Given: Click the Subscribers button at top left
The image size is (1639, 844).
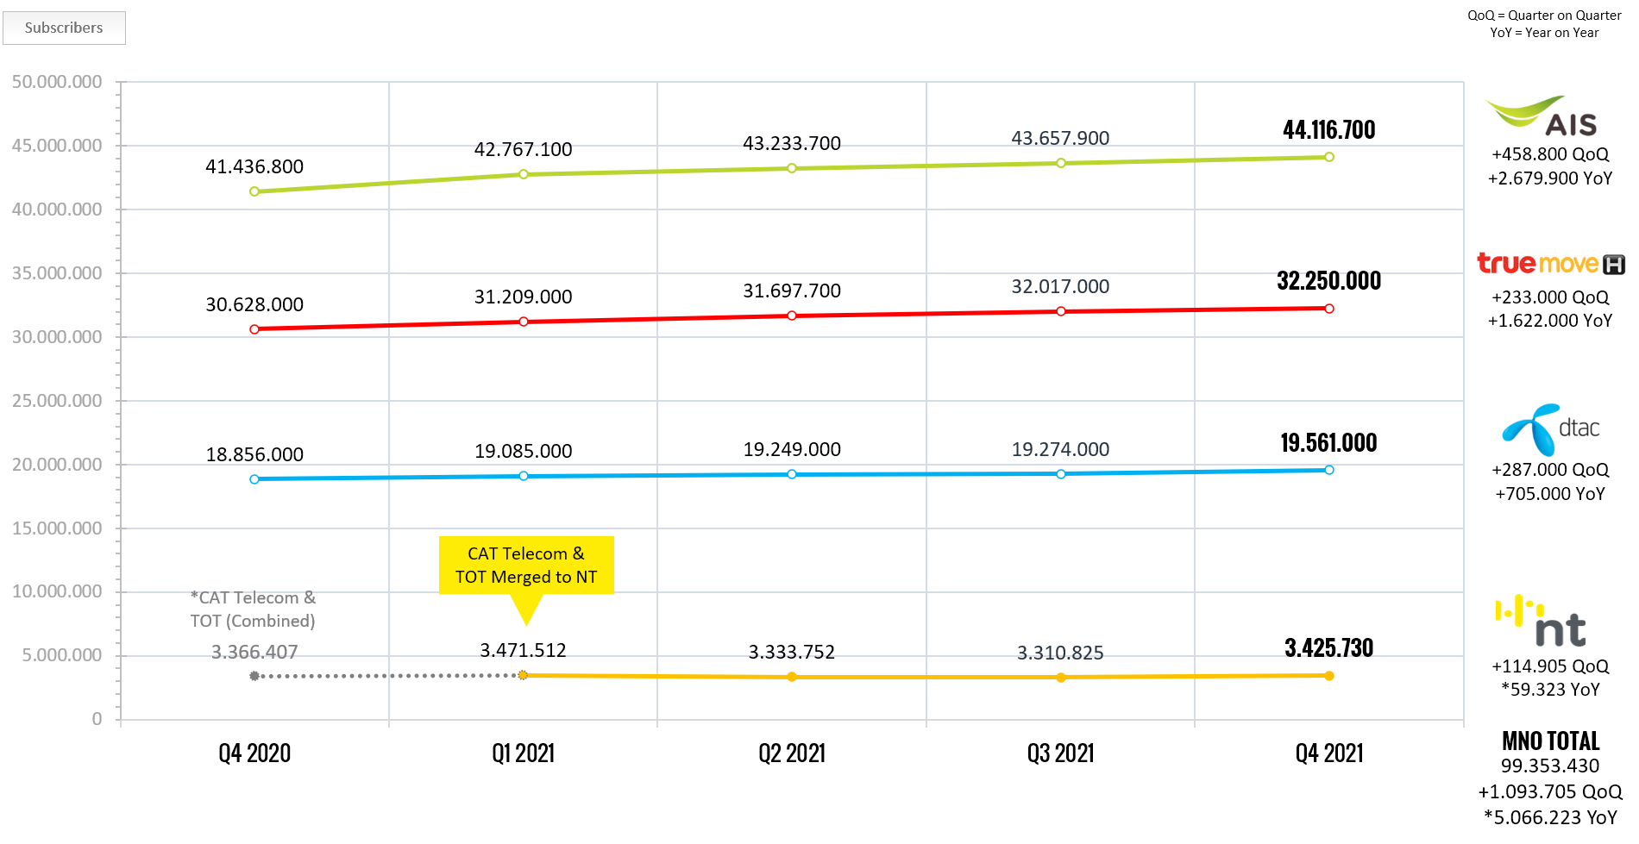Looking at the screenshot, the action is tap(64, 28).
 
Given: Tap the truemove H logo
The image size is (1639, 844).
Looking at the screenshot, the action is tap(1551, 263).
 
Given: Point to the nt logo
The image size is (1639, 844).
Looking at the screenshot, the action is tap(1542, 620).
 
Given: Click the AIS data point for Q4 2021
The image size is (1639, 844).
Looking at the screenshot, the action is tap(1329, 157).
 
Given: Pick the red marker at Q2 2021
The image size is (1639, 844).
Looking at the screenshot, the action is tap(792, 316).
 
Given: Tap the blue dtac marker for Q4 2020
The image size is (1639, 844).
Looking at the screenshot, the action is tap(254, 479).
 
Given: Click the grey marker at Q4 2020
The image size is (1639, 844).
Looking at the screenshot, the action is tap(254, 676).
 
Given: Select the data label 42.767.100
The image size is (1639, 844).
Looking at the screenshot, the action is tap(523, 150).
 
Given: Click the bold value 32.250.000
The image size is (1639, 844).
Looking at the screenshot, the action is tap(1329, 281).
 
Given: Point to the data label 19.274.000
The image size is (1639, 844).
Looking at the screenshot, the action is tap(1060, 450).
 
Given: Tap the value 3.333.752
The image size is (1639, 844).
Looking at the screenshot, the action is tap(792, 653).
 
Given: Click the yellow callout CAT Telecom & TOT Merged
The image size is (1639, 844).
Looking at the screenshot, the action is tap(526, 566).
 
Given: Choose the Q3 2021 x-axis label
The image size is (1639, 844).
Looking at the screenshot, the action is tap(1060, 753).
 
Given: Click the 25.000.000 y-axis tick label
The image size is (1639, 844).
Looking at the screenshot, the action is tap(57, 401).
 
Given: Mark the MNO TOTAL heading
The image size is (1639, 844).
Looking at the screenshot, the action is tap(1550, 741).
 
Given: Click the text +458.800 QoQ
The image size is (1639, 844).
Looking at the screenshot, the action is tap(1550, 155).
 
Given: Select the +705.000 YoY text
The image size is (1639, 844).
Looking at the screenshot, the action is tap(1550, 494).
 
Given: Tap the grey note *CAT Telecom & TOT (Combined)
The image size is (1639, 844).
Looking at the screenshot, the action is tap(253, 610).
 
